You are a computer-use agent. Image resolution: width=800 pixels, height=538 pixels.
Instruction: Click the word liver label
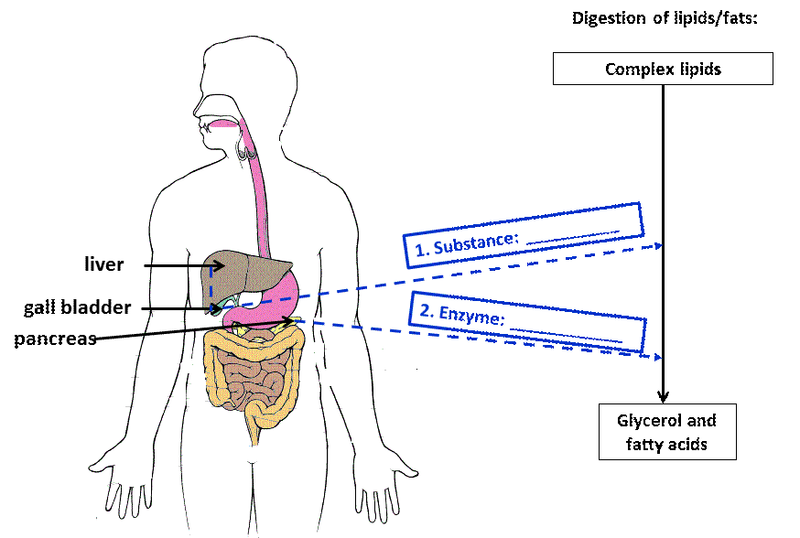pyautogui.click(x=103, y=265)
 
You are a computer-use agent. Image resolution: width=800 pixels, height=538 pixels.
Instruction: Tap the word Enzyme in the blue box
pyautogui.click(x=471, y=316)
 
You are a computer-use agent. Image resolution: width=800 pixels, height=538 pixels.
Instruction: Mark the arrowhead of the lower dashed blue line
pyautogui.click(x=655, y=357)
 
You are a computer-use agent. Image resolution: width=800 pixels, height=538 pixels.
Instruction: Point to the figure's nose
pyautogui.click(x=197, y=102)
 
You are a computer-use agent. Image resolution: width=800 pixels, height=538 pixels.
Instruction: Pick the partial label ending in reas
pyautogui.click(x=81, y=339)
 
